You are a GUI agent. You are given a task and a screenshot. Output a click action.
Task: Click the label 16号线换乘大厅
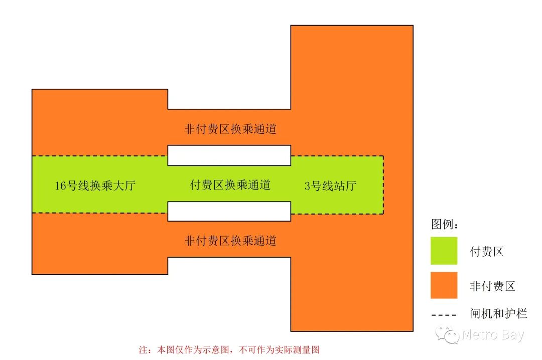point(95,186)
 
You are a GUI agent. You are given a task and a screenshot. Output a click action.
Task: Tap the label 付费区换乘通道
point(230,185)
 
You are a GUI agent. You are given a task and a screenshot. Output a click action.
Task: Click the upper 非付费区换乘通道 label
point(230,129)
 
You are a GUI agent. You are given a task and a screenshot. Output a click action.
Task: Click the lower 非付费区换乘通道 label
point(230,241)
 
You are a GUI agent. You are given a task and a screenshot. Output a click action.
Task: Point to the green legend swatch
point(444,251)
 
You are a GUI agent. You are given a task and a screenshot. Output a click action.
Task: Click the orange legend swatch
point(444,285)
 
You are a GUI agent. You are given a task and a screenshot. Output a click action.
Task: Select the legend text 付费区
point(486,252)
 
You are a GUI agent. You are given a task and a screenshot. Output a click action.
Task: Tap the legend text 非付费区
point(492,286)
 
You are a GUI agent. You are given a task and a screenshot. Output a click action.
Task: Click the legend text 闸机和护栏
point(498,315)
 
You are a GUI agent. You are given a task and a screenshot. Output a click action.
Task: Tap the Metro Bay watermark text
point(493,335)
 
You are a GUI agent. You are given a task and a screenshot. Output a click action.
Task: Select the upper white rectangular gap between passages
point(229,155)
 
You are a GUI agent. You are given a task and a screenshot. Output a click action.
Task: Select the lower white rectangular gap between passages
point(229,211)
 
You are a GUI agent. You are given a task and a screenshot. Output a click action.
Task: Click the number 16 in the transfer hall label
point(60,186)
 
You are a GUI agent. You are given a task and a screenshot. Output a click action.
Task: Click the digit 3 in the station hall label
point(308,186)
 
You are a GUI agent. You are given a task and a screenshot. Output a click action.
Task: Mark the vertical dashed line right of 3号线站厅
point(384,185)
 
